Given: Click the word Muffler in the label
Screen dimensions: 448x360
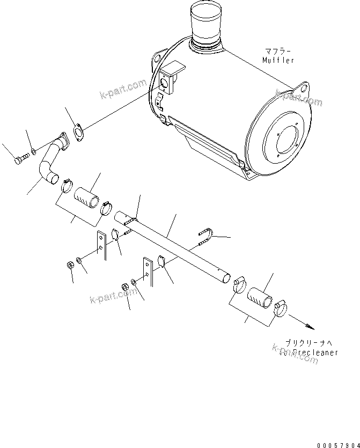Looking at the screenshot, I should pyautogui.click(x=278, y=60).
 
